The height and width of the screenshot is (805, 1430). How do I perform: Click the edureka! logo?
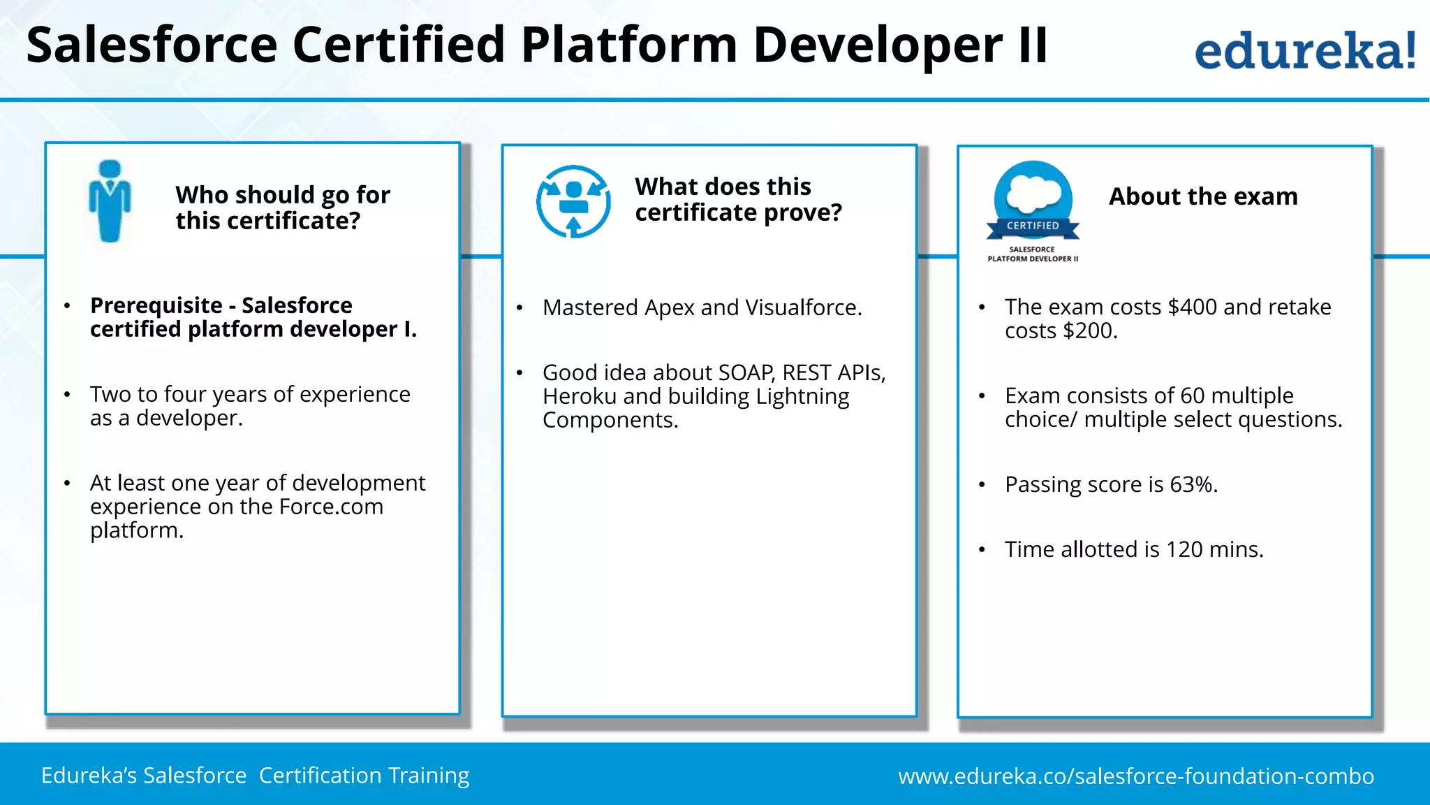pos(1304,50)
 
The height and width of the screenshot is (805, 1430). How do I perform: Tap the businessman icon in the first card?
pos(110,201)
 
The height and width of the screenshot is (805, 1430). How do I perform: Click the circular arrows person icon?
pos(573,201)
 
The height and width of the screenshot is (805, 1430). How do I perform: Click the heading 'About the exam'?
pos(1203,196)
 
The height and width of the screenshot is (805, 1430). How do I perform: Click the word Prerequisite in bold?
pos(156,305)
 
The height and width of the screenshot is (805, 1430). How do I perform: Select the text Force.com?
pos(331,507)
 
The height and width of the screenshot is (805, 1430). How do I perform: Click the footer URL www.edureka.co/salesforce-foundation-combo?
pos(1135,776)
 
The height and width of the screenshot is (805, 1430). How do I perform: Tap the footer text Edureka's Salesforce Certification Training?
pos(255,776)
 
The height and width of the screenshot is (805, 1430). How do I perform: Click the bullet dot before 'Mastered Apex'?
pos(519,308)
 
